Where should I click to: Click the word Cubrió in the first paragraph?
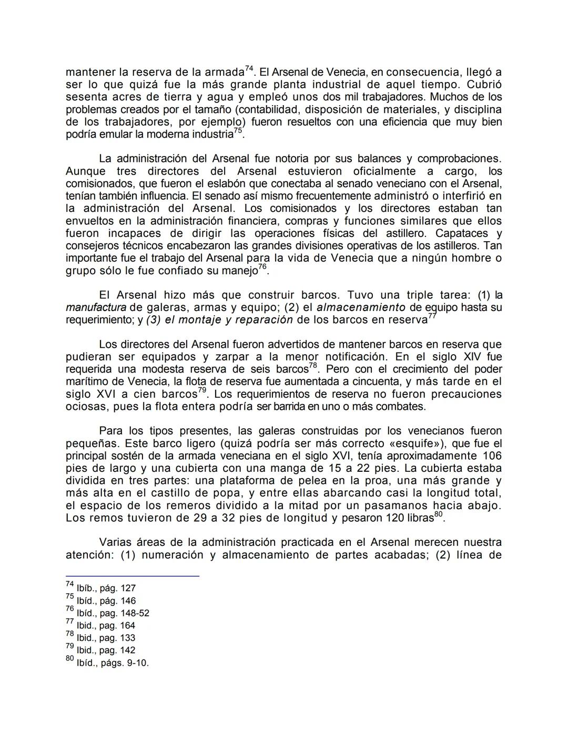484,85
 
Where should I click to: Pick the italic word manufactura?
96,307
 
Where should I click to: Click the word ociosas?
84,407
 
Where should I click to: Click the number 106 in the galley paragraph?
491,456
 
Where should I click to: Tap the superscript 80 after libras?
438,515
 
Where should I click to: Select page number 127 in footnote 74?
128,588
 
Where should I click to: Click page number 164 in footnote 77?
127,626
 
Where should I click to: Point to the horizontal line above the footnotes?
132,576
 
